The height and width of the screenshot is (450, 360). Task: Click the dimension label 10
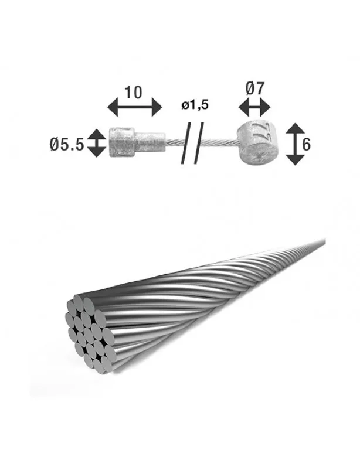(x=133, y=93)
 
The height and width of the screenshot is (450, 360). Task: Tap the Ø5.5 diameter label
(x=67, y=144)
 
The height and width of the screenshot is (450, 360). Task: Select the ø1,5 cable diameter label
(x=195, y=105)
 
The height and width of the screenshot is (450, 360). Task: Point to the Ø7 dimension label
(x=254, y=88)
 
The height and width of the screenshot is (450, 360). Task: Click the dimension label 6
(x=307, y=144)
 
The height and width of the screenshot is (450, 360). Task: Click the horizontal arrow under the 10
(x=135, y=107)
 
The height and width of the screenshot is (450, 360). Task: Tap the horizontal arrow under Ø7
(x=254, y=108)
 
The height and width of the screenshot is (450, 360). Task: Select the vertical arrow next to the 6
(x=296, y=144)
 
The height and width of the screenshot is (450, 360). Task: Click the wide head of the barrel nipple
(x=122, y=143)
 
